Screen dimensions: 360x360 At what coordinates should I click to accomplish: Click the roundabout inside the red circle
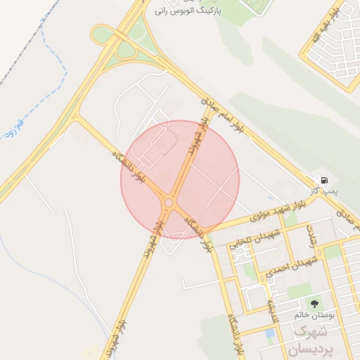pos(169,203)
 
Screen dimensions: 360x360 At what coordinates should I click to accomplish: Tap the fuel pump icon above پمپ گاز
pos(323,179)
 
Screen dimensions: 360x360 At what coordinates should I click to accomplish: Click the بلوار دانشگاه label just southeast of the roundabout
pos(198,233)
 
